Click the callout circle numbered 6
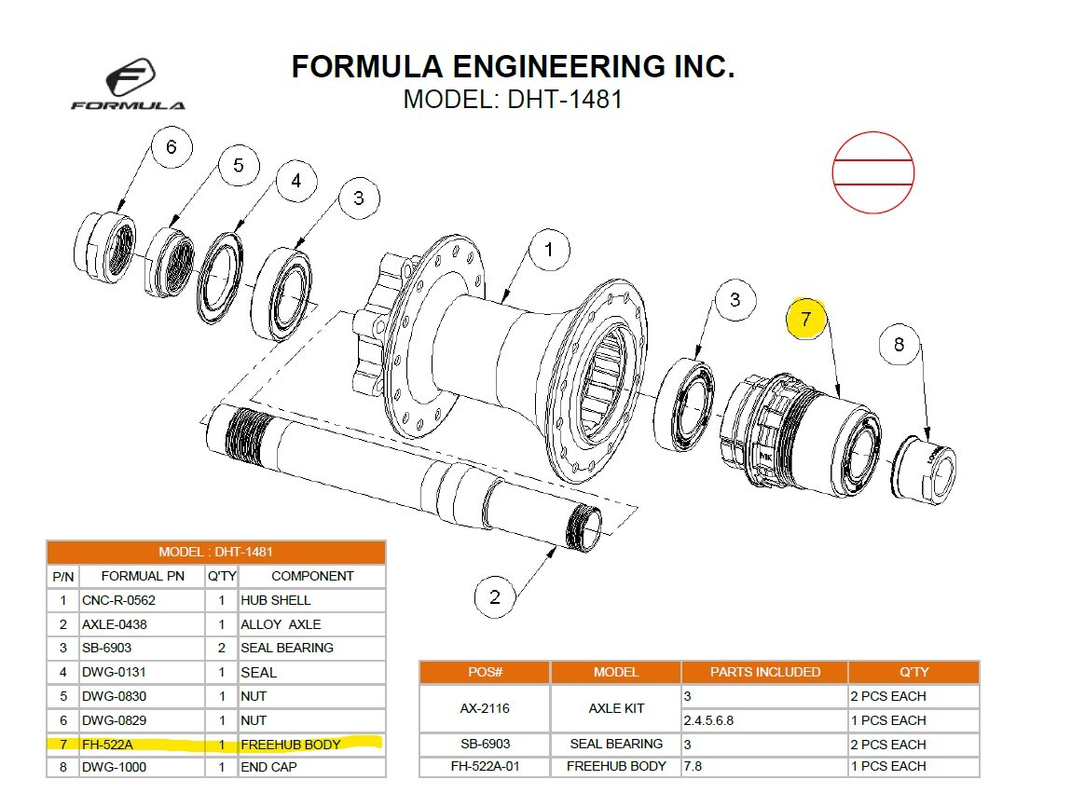tap(170, 147)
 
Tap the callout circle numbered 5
tap(239, 165)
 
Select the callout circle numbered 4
tap(295, 181)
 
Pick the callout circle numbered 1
tap(548, 250)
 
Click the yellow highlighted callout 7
tap(806, 318)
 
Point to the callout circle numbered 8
tap(899, 345)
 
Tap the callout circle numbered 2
tap(494, 596)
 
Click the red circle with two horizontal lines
tap(872, 172)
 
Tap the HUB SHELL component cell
tap(310, 601)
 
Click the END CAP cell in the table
tap(310, 767)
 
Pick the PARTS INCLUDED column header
tap(764, 672)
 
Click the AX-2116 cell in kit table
tap(485, 708)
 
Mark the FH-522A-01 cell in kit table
tap(485, 766)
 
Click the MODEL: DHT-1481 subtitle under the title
tap(512, 99)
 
